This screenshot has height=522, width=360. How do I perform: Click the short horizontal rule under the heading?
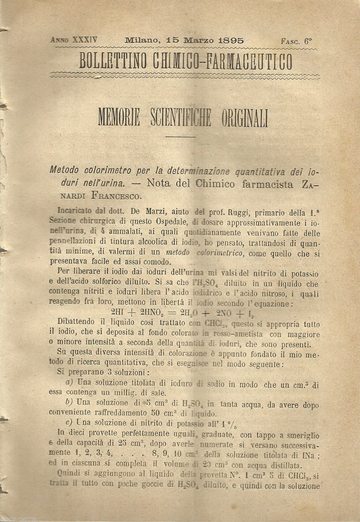click(x=180, y=136)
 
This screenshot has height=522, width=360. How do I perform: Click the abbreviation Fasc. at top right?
click(x=290, y=41)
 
